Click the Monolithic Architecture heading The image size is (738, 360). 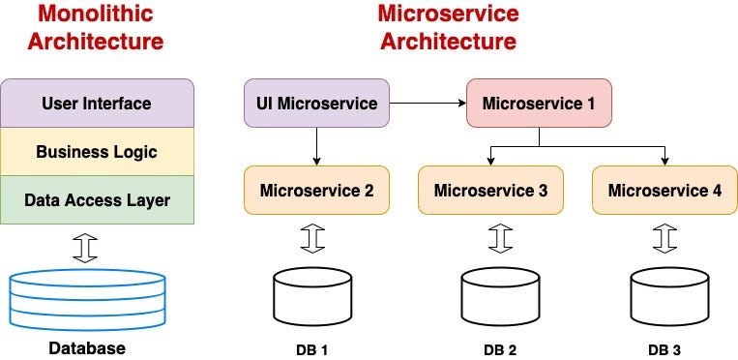coord(96,28)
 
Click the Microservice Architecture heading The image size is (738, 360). coord(448,28)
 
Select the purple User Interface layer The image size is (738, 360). coord(96,103)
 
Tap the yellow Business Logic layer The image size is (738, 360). coord(96,152)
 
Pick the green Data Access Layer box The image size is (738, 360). coord(96,200)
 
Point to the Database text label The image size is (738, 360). coord(87,348)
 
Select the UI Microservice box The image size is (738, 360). coord(316,103)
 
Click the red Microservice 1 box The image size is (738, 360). coord(540,103)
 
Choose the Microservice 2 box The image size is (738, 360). coord(316,191)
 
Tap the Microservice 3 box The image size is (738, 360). coord(490,191)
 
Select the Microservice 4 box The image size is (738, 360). coord(664,191)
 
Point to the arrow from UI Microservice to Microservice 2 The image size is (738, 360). coord(317,145)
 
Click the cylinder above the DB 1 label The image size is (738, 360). coord(312,296)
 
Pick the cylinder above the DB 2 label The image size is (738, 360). coord(500,296)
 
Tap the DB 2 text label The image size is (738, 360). coord(500,348)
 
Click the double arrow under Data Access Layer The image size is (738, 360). coord(87,247)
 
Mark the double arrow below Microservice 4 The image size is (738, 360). coord(664,238)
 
